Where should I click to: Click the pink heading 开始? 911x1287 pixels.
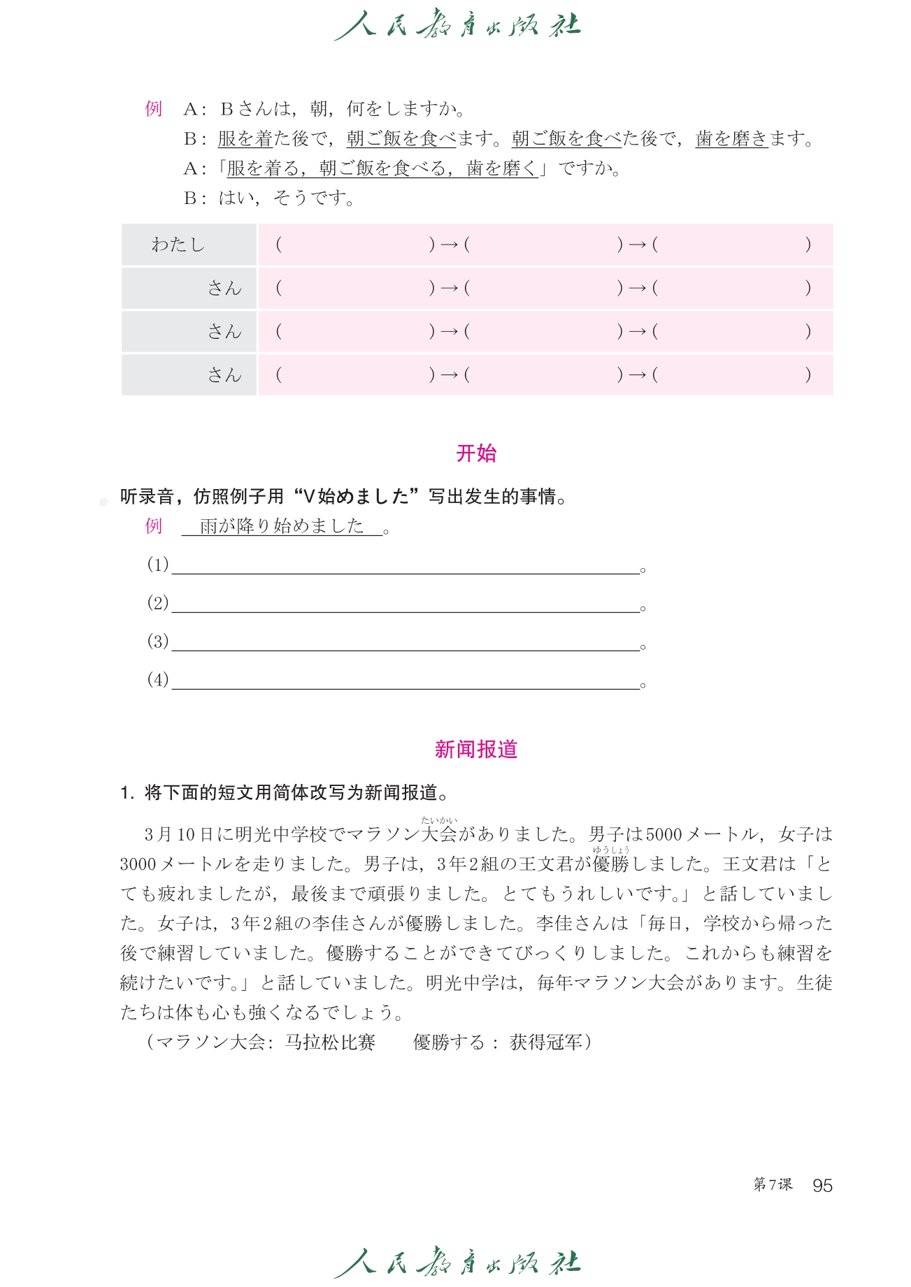coord(476,453)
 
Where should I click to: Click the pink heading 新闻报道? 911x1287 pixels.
coord(475,750)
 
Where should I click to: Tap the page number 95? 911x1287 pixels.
coord(822,1185)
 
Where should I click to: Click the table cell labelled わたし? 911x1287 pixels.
coord(178,245)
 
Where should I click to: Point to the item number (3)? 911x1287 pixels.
coord(158,641)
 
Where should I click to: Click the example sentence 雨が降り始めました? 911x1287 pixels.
coord(282,526)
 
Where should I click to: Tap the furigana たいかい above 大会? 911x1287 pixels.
coord(439,820)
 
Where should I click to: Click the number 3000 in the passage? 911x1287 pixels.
coord(138,864)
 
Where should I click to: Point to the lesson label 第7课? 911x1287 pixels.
coord(773,1184)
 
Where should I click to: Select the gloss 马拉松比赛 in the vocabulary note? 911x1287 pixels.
coord(330,1042)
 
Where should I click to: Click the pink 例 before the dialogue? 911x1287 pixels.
coord(154,109)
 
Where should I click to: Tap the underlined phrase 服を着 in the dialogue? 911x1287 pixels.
coord(245,139)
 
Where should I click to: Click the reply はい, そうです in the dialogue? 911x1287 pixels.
coord(287,198)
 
